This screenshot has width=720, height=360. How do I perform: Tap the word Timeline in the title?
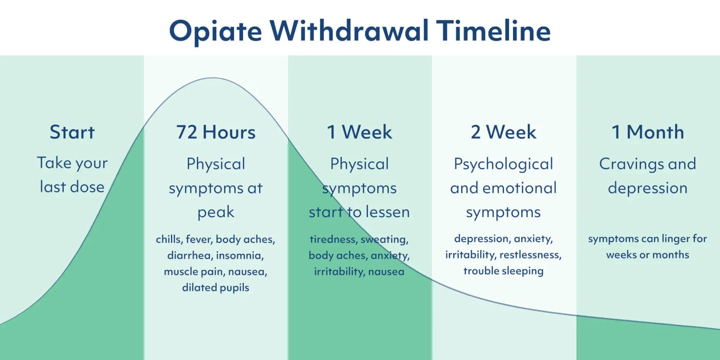493,31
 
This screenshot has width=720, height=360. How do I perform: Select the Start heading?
72,132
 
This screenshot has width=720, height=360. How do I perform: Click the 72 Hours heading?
216,132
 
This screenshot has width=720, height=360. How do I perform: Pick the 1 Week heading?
359,132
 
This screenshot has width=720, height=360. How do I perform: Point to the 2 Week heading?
503,132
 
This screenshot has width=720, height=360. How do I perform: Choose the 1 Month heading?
648,132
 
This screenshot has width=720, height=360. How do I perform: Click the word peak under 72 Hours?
216,213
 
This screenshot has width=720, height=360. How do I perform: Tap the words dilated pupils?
216,288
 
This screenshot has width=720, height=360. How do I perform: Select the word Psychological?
503,164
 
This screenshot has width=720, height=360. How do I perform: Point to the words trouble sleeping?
503,271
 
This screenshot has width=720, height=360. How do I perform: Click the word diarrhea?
189,255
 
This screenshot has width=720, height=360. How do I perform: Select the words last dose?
72,187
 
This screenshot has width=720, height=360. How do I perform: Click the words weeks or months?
648,255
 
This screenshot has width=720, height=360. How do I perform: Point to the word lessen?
387,212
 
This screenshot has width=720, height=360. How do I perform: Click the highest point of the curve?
213,78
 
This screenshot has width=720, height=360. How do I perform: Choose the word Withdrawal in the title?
349,31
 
